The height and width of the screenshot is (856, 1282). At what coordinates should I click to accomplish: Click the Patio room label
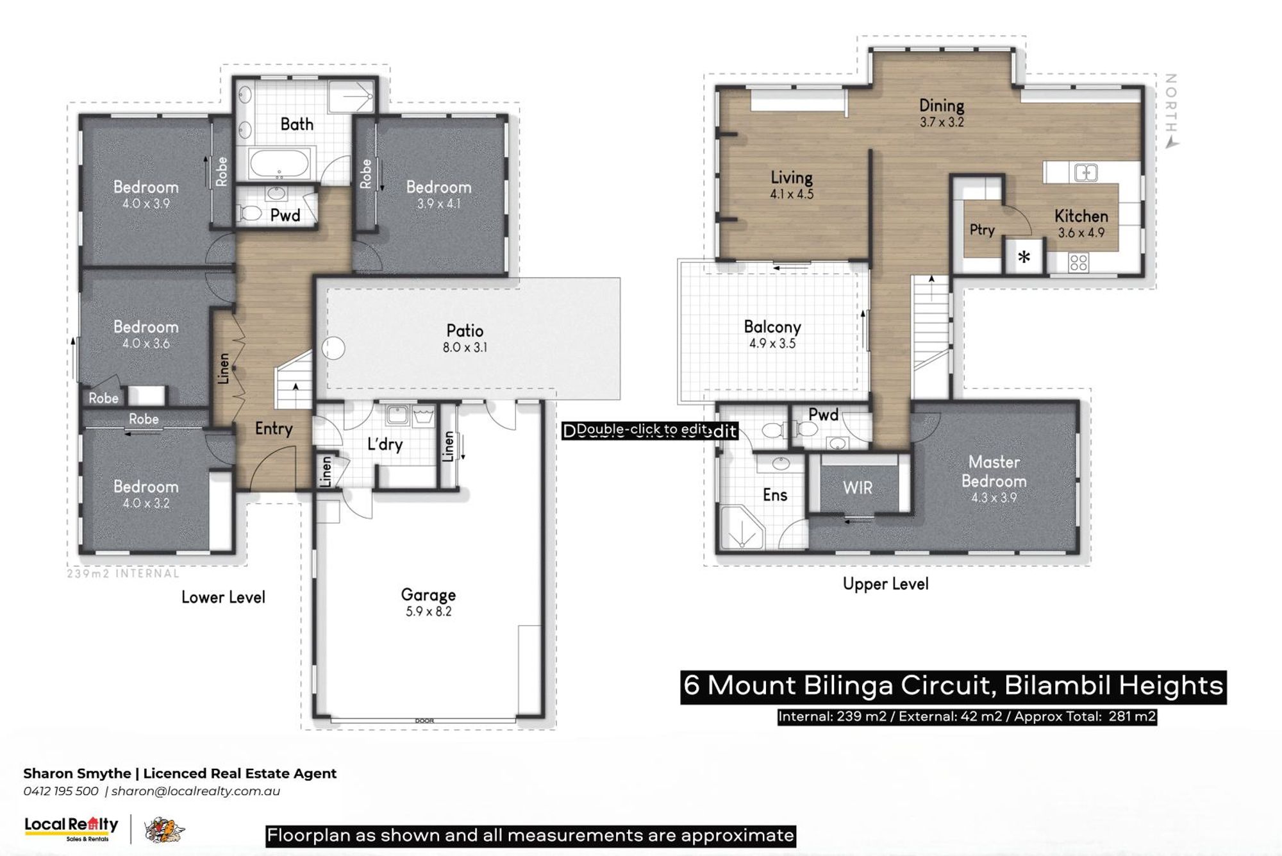pos(465,331)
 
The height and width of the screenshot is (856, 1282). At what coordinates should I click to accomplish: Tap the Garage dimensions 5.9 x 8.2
pos(428,612)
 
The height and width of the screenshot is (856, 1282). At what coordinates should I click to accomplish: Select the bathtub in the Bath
pos(280,164)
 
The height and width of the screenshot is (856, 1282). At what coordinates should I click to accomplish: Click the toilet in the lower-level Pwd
pos(249,213)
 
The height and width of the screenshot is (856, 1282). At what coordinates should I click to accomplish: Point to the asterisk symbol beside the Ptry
pos(1024,258)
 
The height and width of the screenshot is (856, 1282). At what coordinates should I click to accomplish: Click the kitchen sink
pos(1086,172)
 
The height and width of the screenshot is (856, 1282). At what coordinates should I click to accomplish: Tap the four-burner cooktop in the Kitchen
pos(1078,262)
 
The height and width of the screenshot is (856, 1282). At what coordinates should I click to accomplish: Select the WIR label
pos(858,488)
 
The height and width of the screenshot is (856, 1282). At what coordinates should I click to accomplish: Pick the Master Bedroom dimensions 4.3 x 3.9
pos(994,498)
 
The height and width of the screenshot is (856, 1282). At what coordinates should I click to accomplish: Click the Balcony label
pos(772,327)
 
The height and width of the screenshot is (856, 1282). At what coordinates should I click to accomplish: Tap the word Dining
pos(941,106)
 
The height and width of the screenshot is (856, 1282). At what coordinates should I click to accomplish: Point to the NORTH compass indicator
pos(1170,110)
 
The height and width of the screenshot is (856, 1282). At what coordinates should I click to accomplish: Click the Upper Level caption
pos(885,584)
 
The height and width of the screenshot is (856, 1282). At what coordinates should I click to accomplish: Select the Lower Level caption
pos(223,598)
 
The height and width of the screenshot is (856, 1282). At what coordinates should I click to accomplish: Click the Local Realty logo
pos(71,828)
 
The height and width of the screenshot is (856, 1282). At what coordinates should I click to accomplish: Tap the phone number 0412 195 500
pos(61,791)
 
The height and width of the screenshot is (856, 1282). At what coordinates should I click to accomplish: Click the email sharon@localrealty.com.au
pos(196,791)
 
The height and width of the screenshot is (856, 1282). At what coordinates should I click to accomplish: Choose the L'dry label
pos(385,444)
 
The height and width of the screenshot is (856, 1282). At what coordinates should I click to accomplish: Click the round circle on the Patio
pos(333,349)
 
